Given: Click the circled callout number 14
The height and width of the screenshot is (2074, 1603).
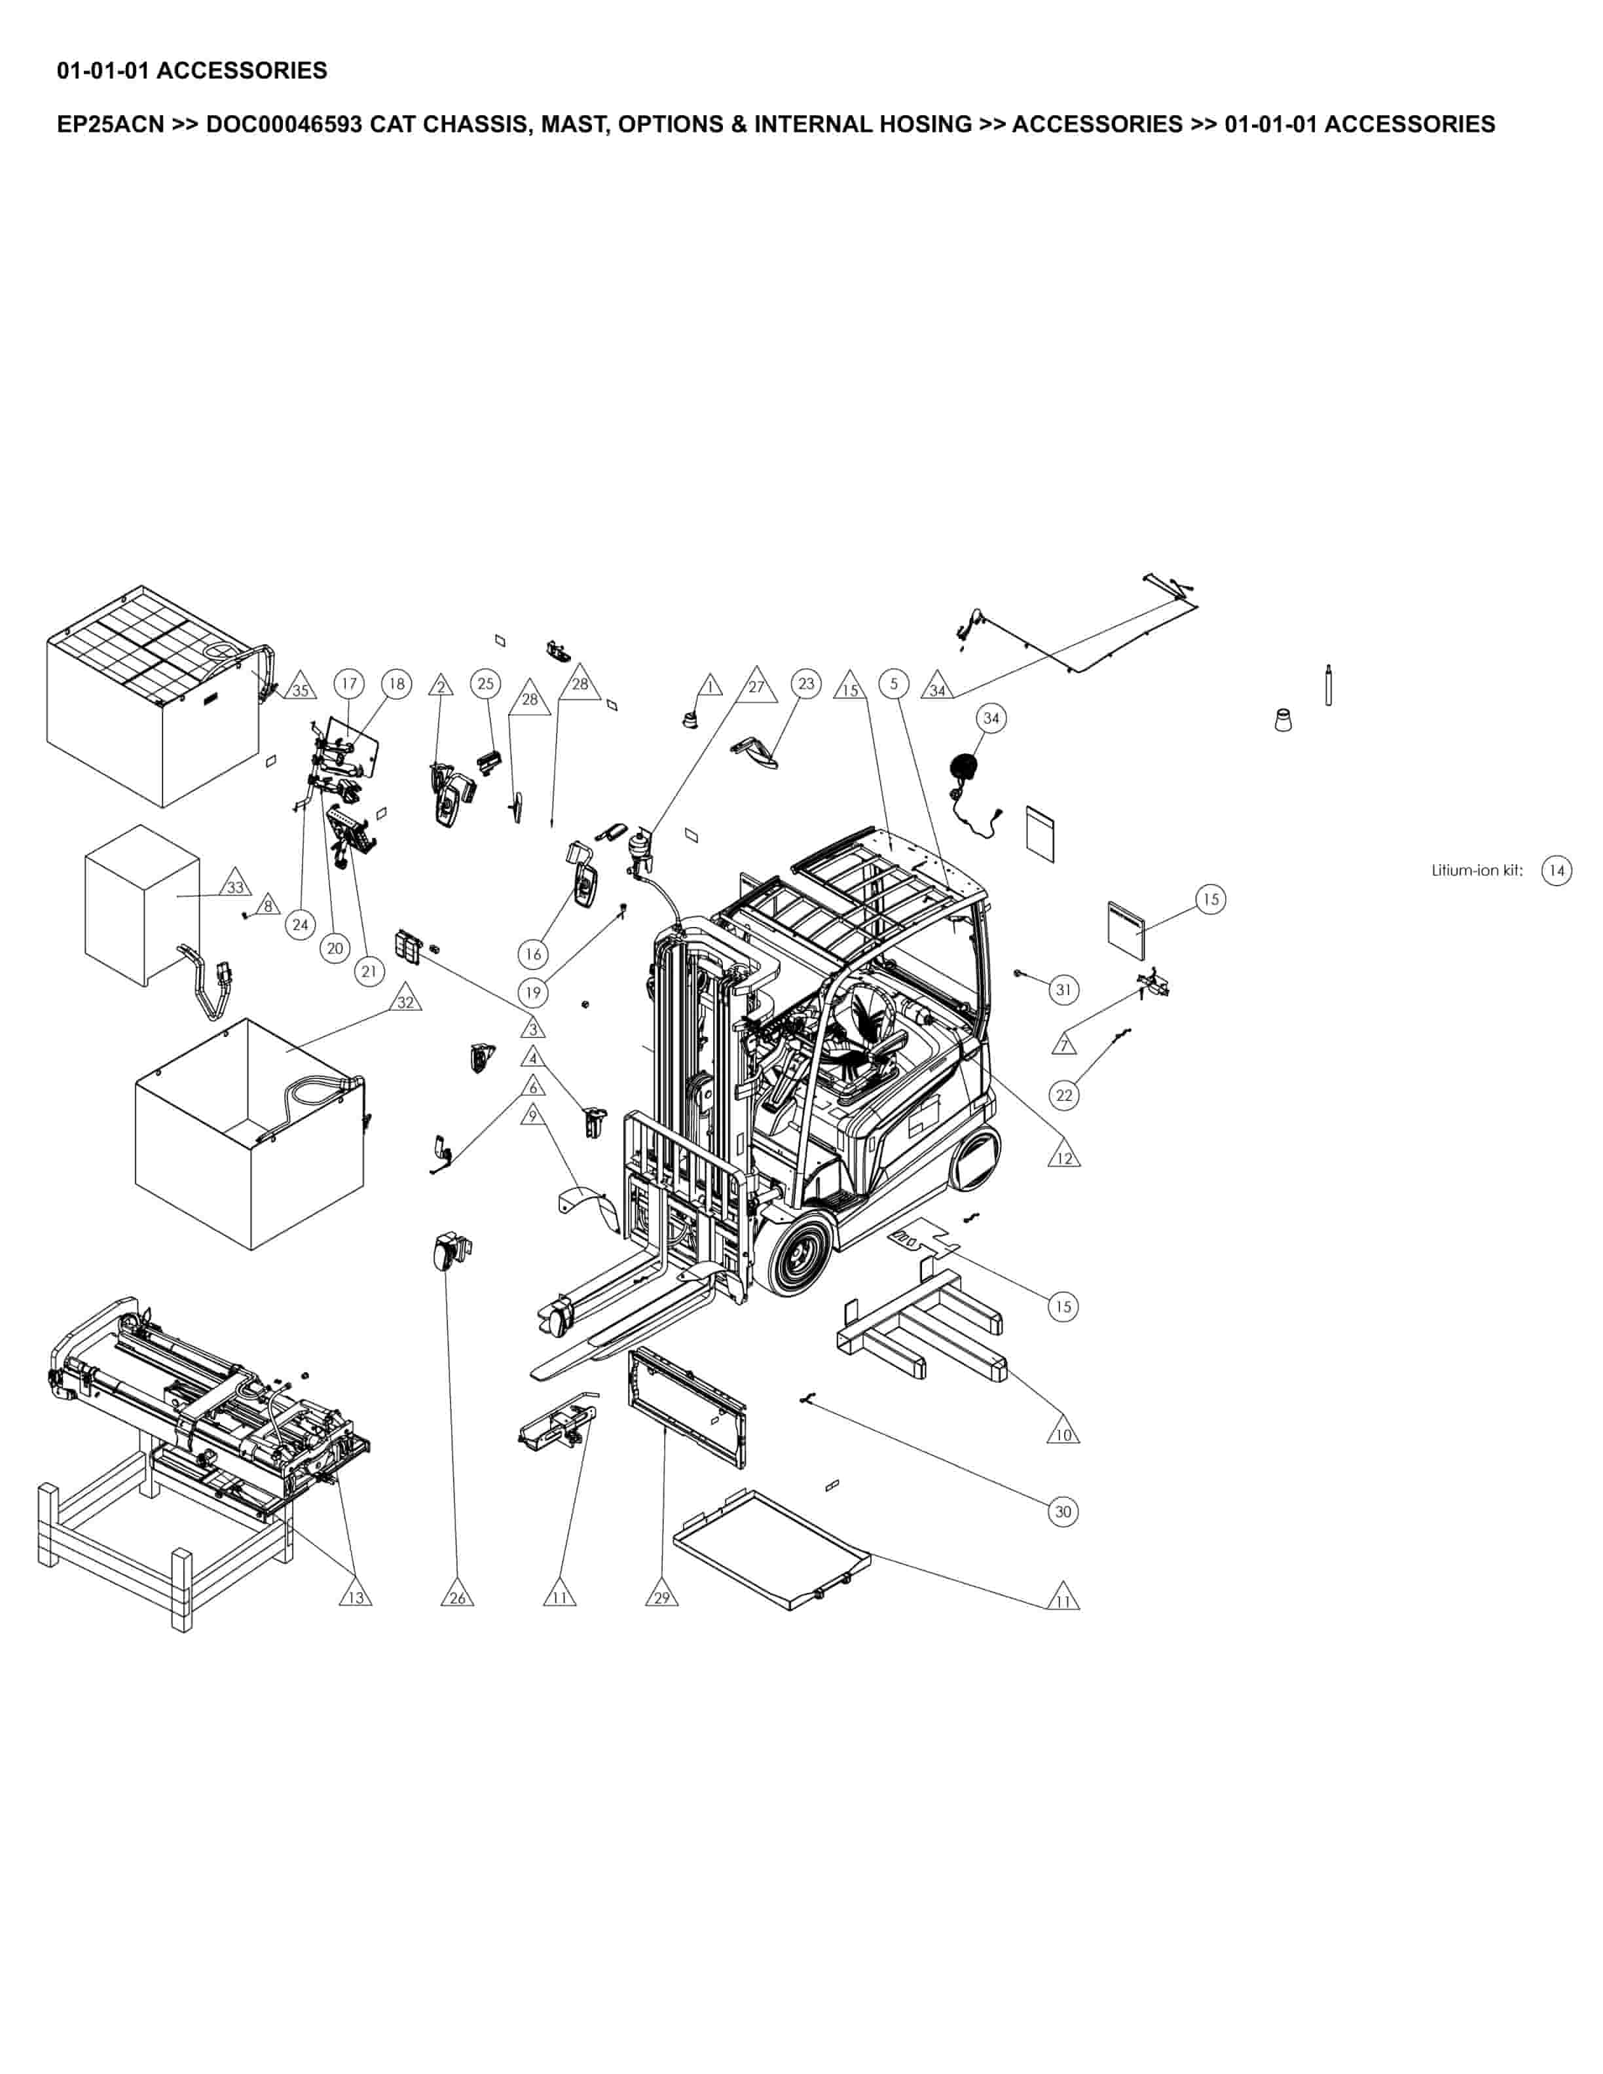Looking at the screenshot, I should [x=1555, y=870].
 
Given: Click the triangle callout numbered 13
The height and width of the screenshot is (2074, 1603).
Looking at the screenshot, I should [x=355, y=1597].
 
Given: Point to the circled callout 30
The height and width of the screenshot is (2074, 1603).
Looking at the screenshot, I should [x=1063, y=1511].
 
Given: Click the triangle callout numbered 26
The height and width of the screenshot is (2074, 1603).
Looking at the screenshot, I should [x=457, y=1597].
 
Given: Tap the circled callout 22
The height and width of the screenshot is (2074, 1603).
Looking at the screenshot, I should [x=1063, y=1095].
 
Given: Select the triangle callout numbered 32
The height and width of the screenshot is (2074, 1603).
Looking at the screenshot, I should [x=405, y=1002].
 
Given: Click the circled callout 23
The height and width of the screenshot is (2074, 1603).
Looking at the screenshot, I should [x=806, y=683].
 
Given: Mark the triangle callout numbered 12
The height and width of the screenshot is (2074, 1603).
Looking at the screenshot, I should [x=1063, y=1157].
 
